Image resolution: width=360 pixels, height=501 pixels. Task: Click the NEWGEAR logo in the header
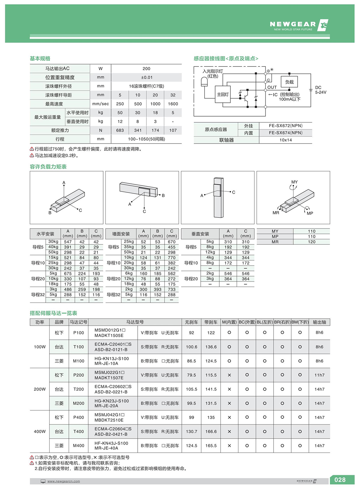pos(298,25)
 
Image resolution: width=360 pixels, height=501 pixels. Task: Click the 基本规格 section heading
pos(40,58)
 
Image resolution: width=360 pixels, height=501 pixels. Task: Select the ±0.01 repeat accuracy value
pos(146,77)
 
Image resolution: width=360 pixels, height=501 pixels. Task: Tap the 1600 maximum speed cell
pos(173,104)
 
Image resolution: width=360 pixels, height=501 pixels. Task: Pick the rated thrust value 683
pos(120,130)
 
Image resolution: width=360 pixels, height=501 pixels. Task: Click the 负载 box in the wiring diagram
pos(289,82)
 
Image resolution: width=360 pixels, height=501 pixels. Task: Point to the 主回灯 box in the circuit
pos(223,94)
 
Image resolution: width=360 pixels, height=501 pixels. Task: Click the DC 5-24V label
pos(320,90)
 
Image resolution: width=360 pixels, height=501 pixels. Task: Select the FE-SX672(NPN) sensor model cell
pos(286,126)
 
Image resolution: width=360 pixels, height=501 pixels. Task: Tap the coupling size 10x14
pos(286,140)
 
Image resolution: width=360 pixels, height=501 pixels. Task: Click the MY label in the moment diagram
pos(294,182)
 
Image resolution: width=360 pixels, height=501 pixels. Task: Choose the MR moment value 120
pos(311,242)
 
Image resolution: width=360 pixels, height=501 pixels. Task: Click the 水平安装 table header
pos(45,234)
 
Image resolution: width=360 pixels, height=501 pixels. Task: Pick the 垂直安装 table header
pos(200,234)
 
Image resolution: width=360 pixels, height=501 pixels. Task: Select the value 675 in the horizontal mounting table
pos(68,273)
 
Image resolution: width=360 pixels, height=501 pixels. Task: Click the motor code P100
pos(79,333)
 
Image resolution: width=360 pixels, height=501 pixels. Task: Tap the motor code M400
pos(79,446)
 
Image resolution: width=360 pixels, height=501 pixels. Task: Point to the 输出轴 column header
pos(319,322)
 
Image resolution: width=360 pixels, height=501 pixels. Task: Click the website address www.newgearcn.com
pos(64,481)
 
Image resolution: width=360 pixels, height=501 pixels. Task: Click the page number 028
pos(340,480)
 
